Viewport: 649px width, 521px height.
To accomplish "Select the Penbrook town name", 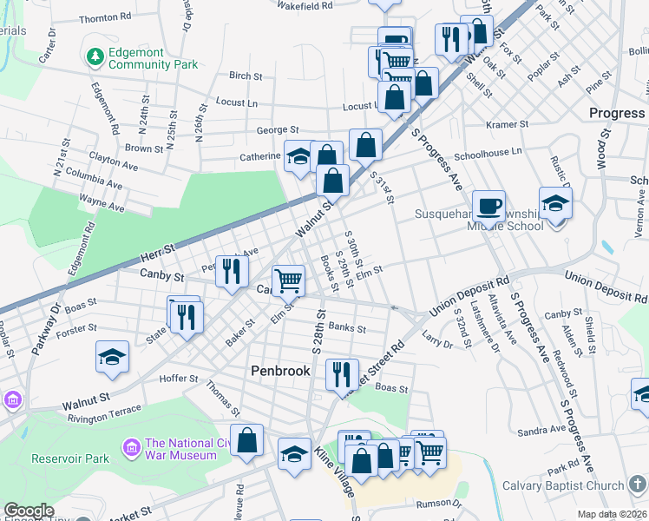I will (x=280, y=370).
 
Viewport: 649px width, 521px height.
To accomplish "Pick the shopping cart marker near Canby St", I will (x=289, y=280).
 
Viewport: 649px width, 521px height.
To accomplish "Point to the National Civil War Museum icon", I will (x=131, y=448).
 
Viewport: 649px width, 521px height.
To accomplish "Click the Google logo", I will (x=29, y=511).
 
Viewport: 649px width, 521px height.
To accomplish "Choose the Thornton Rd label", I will (x=105, y=17).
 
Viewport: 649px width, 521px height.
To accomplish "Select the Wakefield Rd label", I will (x=304, y=5).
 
